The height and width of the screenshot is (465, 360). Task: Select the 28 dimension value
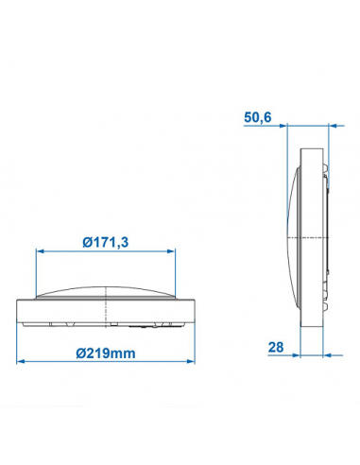point(276,349)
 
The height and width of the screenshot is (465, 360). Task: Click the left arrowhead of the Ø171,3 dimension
point(40,250)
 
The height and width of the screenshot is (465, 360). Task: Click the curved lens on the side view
point(291,236)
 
